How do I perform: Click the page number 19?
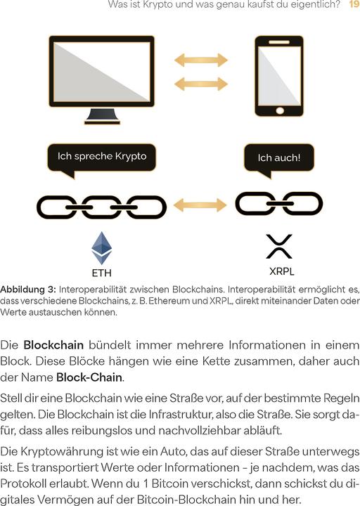(354, 6)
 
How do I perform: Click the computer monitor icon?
(101, 70)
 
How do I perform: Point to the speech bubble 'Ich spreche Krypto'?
(101, 157)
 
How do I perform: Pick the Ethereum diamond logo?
(102, 247)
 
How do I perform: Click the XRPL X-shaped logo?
(279, 246)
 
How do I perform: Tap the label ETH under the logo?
(102, 273)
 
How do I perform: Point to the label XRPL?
(281, 271)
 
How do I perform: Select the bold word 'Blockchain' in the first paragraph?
(53, 345)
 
